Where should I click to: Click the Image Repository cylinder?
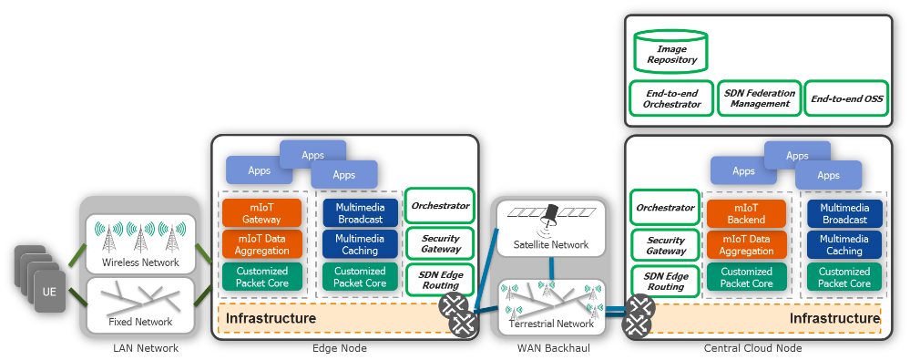671,51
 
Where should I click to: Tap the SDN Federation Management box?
759,98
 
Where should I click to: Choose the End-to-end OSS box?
847,98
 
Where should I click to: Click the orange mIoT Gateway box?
261,213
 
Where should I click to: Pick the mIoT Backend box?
747,213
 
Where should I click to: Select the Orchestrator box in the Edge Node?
439,206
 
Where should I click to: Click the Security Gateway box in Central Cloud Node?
665,244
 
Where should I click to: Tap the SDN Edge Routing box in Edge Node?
439,279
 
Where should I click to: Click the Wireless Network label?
140,263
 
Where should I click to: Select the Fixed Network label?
140,322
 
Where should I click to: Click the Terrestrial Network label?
549,324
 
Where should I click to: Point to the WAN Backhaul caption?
549,348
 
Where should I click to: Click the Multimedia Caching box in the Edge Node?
359,244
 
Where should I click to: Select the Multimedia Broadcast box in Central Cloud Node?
844,213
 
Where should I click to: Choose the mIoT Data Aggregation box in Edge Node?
261,244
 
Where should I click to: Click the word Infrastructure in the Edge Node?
271,318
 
